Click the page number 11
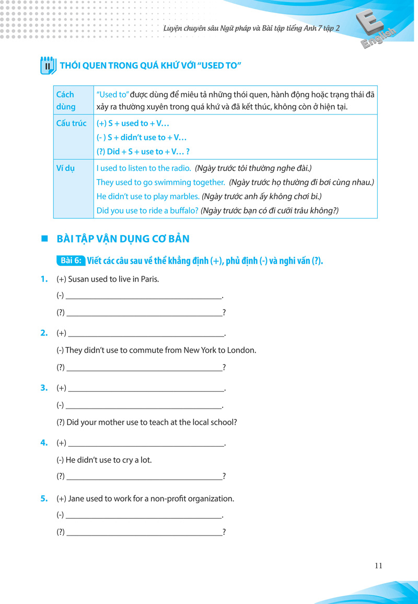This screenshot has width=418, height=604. point(379,565)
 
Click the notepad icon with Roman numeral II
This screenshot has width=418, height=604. point(47,66)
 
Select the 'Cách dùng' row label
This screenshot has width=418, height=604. point(66,100)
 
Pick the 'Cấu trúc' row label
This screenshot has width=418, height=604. point(72,123)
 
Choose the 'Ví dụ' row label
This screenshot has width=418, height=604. point(65,168)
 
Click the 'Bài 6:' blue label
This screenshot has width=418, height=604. point(71,261)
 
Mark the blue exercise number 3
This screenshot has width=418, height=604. point(44,388)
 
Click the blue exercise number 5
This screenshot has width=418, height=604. point(44,498)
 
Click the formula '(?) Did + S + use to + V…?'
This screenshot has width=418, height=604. point(143,152)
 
